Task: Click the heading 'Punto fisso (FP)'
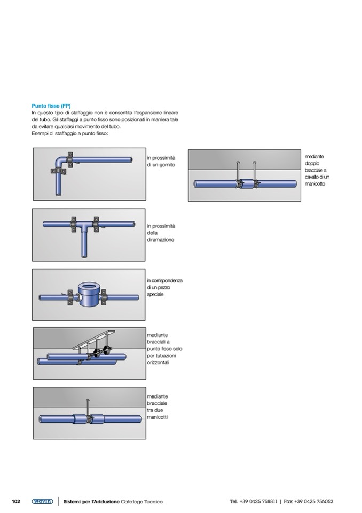tap(51, 106)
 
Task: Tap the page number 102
tap(16, 501)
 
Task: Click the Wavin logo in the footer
tap(42, 501)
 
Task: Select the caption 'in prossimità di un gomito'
tap(161, 162)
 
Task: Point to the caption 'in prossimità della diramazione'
tap(161, 233)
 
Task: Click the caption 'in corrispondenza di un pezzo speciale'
tap(164, 287)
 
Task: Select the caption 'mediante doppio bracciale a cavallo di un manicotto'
tap(317, 170)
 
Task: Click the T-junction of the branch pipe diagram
tap(84, 225)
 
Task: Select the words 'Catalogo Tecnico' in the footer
tap(141, 502)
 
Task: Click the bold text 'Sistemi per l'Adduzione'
tap(91, 502)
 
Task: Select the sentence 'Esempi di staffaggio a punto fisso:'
tap(69, 134)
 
